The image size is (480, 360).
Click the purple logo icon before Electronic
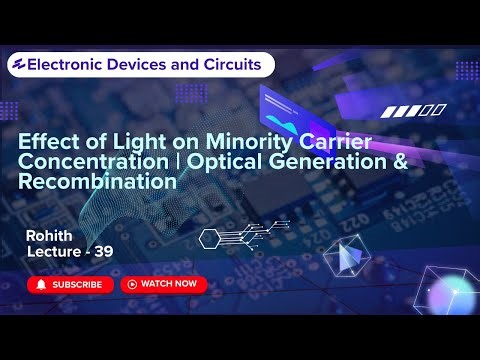[x=17, y=65]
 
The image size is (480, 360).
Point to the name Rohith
[x=50, y=235]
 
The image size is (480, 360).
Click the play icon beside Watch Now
[x=131, y=284]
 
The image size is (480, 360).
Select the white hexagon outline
[x=209, y=238]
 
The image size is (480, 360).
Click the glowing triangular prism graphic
[x=348, y=258]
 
